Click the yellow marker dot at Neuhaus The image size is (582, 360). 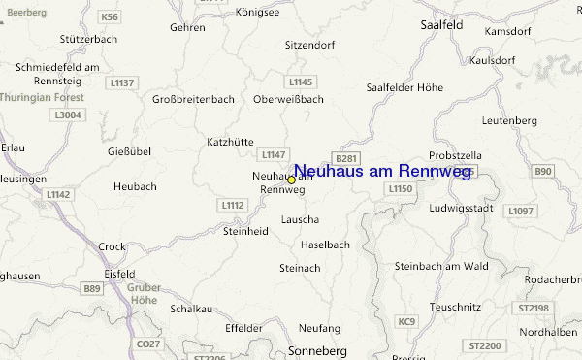pos(291,180)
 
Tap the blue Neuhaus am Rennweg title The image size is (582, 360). pos(382,171)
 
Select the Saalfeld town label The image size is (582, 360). pos(440,26)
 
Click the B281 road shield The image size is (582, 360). pos(345,158)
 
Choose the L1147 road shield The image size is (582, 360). pos(274,154)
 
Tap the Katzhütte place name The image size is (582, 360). pos(230,142)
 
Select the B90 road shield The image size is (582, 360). pos(542,172)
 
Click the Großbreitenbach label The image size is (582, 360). pos(195,99)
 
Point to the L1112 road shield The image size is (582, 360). pos(233,205)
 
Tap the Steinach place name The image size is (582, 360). pos(299,267)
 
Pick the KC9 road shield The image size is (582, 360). pos(405,321)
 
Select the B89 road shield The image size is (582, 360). pos(92,288)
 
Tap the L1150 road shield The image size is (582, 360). pos(400,188)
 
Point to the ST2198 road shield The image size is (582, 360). pos(533,308)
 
